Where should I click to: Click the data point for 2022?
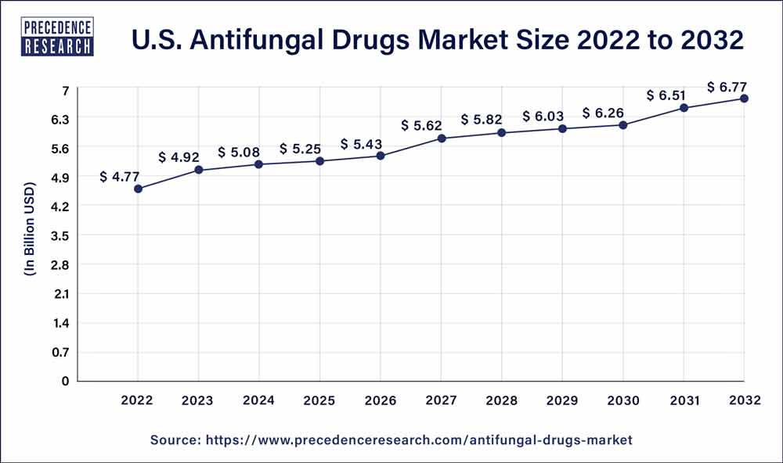(139, 188)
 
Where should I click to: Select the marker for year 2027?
(442, 138)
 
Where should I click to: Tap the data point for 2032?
(745, 99)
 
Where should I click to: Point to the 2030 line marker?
(623, 125)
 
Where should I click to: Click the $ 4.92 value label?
(179, 157)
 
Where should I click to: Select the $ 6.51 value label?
(666, 95)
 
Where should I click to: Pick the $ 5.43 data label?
(360, 144)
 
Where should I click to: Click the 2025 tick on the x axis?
(319, 400)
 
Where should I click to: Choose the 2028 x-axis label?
(502, 400)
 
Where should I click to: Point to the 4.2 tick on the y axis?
(60, 206)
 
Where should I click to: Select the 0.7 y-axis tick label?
(60, 352)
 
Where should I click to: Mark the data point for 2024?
(259, 164)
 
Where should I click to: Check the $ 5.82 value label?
(482, 120)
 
